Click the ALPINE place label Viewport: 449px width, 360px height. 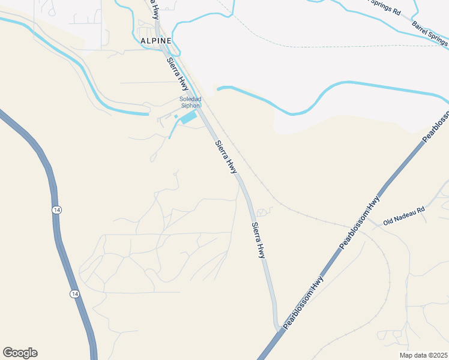155,40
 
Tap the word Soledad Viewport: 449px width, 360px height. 190,99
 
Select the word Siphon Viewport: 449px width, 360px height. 190,106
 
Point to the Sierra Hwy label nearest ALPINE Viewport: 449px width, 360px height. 178,74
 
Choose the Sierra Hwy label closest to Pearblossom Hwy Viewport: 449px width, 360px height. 259,240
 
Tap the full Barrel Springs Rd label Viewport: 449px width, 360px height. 430,33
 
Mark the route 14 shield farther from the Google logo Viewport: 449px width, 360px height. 56,209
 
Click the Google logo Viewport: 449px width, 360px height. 20,353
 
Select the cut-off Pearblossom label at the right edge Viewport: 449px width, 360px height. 436,126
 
